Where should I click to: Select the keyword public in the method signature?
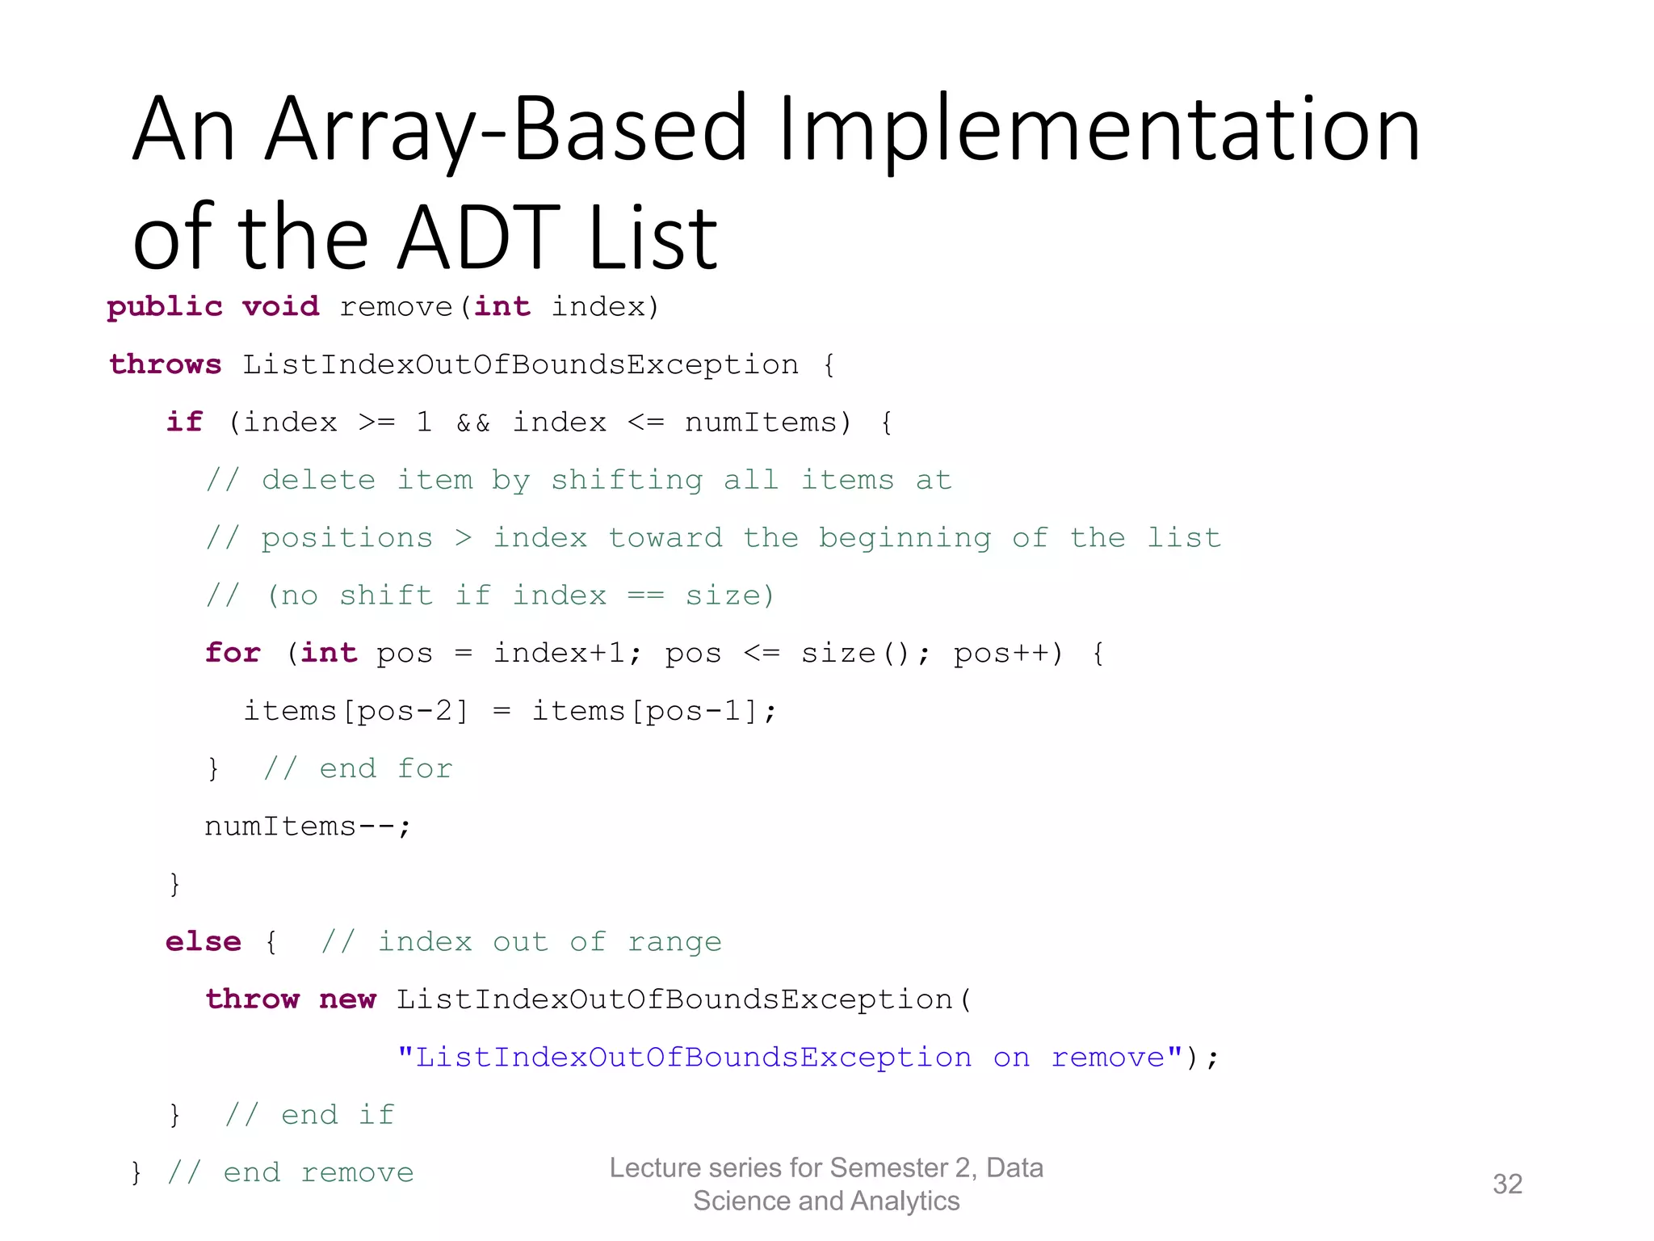tap(165, 307)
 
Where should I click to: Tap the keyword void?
tap(280, 307)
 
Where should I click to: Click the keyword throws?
tap(166, 364)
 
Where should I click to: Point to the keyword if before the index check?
tap(184, 422)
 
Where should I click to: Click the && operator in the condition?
tap(473, 423)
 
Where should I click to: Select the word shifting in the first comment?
tap(627, 481)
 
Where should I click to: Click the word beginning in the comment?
tap(905, 538)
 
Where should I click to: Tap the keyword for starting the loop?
tap(233, 653)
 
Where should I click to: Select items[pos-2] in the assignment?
tap(355, 711)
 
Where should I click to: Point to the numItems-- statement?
tap(307, 827)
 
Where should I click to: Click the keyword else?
tap(203, 942)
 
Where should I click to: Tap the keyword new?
tap(347, 999)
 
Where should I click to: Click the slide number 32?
tap(1507, 1184)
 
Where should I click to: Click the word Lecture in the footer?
tap(656, 1167)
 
